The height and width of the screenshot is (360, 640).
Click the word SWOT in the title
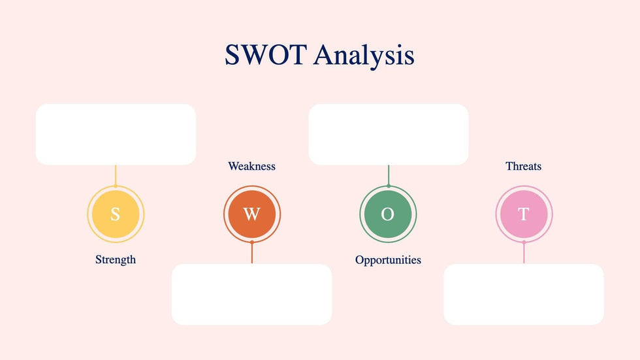266,55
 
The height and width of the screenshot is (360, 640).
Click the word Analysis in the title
364,56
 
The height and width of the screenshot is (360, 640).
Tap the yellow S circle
116,214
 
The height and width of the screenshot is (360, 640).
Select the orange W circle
252,214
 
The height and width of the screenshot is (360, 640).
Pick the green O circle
388,214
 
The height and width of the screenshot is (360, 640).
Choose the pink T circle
524,214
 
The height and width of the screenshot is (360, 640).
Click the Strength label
116,260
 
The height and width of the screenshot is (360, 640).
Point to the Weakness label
252,166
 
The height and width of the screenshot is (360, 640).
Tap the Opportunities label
388,260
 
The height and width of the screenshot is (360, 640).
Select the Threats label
524,166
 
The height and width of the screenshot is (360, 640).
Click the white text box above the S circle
116,135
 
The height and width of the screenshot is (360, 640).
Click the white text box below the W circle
252,294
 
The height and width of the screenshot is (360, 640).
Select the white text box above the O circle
389,135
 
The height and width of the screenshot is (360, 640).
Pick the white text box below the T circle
524,294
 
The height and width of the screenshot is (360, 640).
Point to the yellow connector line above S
116,176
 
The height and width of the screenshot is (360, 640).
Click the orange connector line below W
252,253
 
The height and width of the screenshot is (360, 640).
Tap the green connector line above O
389,176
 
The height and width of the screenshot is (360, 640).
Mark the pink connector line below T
524,253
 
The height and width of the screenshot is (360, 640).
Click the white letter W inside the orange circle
252,214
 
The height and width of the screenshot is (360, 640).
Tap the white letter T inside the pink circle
524,214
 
